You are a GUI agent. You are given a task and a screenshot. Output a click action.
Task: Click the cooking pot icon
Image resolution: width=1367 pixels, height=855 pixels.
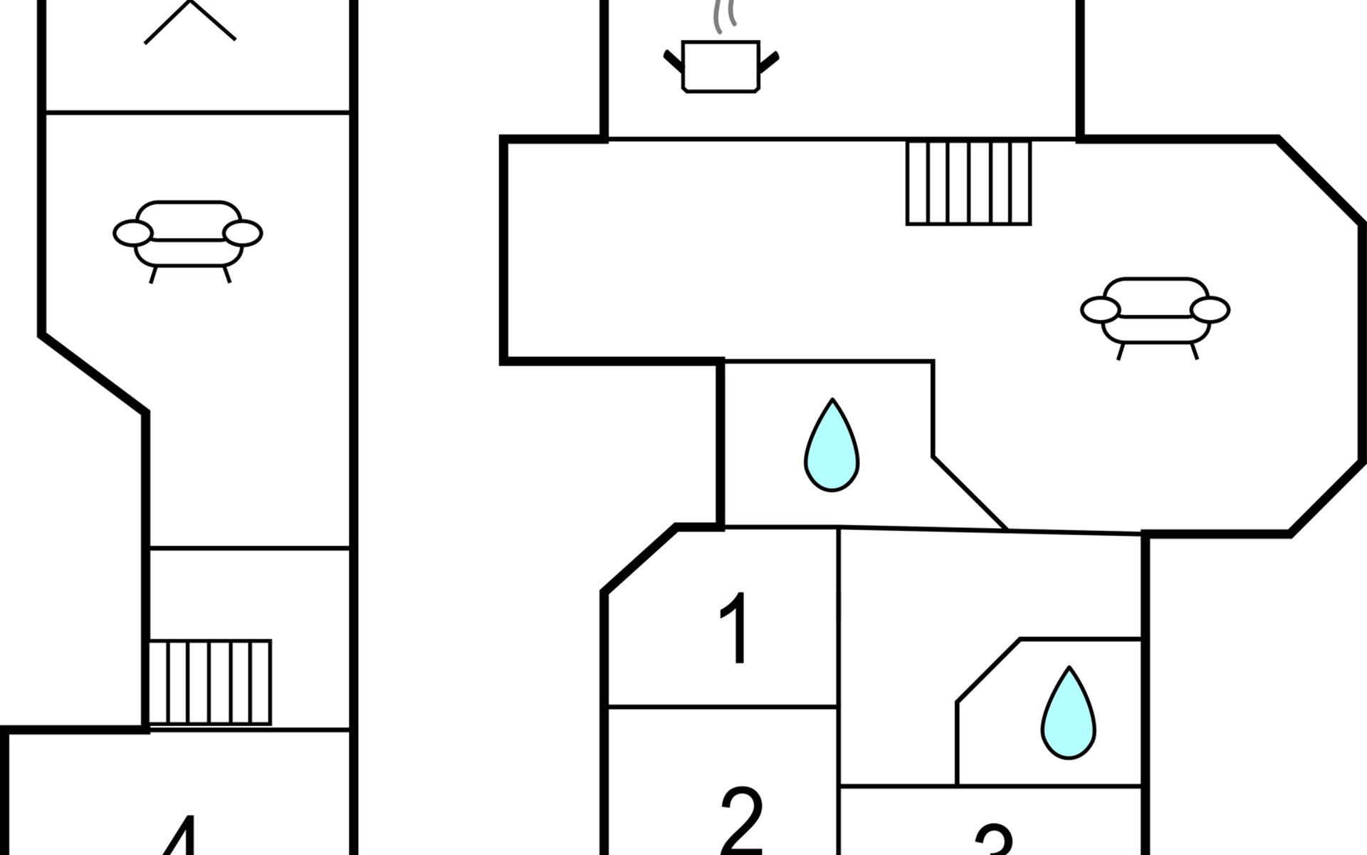[x=721, y=66]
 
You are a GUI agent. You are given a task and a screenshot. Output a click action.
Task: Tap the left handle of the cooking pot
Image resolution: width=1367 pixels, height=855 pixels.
[x=673, y=61]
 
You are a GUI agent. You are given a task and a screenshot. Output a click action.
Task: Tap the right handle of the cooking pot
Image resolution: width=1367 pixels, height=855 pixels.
[x=770, y=62]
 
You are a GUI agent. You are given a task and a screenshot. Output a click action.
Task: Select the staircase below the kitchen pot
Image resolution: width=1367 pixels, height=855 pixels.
[x=968, y=183]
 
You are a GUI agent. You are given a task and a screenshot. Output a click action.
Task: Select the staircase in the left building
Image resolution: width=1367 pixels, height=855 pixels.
[x=210, y=682]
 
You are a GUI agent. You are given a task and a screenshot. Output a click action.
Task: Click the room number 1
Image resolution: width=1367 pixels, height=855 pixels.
[x=734, y=628]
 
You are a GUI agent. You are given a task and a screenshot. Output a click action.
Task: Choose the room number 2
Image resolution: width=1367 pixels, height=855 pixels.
[x=741, y=819]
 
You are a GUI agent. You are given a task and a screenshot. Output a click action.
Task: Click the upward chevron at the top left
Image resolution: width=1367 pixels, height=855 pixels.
[x=189, y=21]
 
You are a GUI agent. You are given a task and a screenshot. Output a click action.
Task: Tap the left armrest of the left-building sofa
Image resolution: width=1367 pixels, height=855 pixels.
[x=133, y=233]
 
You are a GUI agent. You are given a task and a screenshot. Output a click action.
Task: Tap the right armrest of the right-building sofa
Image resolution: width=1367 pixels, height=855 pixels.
[x=1210, y=310]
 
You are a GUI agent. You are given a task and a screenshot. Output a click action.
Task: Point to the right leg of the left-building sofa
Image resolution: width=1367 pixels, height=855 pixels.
[x=227, y=274]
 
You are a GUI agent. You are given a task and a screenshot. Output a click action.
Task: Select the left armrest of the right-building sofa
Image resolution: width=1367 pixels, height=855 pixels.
[x=1100, y=310]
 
